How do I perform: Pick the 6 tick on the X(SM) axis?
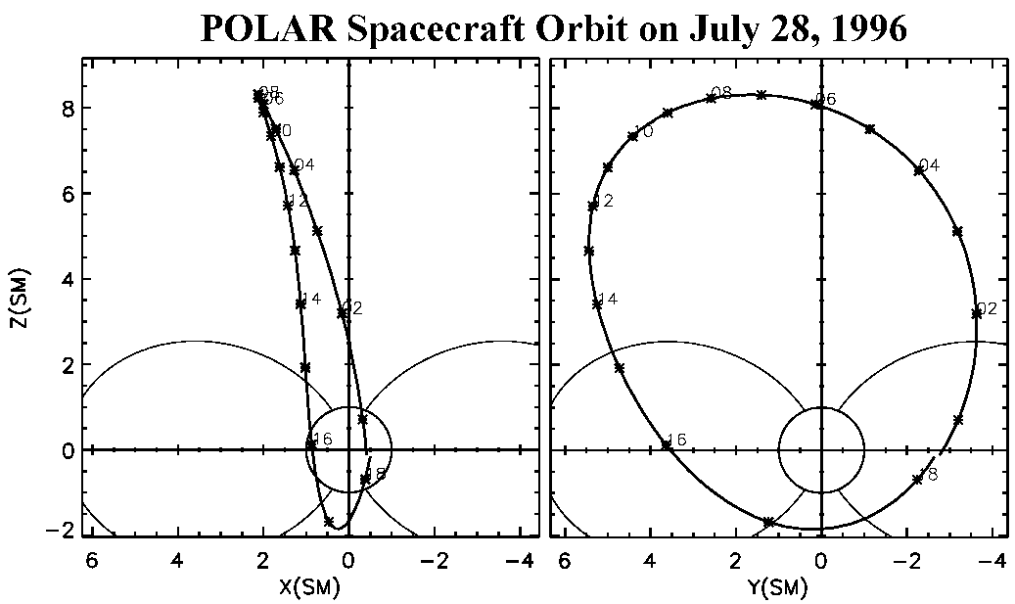tap(91, 562)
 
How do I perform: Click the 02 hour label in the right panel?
tap(987, 309)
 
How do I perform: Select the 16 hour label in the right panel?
tap(676, 440)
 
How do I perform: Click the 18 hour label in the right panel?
tap(929, 475)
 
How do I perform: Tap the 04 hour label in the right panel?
tap(930, 165)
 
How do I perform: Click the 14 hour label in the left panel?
tap(310, 299)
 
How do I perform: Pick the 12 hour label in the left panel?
tap(299, 201)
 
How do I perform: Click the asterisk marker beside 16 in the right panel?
tap(666, 445)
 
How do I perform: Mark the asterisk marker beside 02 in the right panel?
tap(976, 313)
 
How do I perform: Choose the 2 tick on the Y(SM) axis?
tap(735, 562)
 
